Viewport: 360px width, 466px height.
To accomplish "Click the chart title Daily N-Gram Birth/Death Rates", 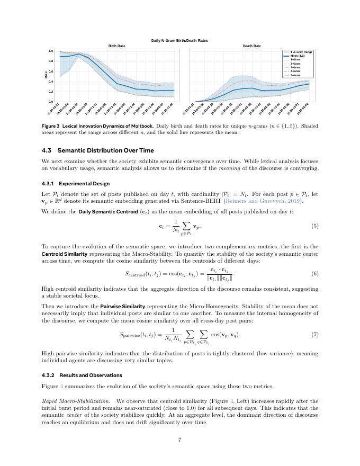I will pyautogui.click(x=179, y=41).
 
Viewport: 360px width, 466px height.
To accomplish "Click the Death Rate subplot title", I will pyautogui.click(x=251, y=46).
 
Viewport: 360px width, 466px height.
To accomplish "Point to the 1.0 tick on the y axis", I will pyautogui.click(x=50, y=51).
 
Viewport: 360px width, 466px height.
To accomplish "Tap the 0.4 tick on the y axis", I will pyautogui.click(x=50, y=82).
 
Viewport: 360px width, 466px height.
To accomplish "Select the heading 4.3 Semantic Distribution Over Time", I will pyautogui.click(x=98, y=150).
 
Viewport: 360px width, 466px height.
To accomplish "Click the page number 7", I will pyautogui.click(x=180, y=439).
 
